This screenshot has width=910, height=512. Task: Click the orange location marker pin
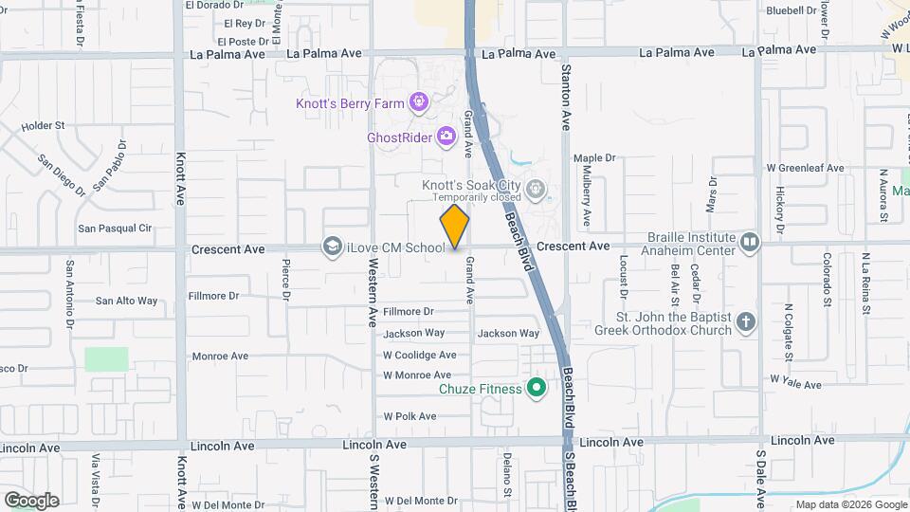click(x=455, y=226)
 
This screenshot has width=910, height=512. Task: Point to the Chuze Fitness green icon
click(x=537, y=388)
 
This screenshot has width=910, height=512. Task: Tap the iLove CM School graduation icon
click(x=332, y=247)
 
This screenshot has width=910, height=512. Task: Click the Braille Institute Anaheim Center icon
click(x=750, y=244)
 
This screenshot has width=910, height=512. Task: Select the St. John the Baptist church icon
click(x=746, y=322)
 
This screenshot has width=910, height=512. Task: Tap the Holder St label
click(x=43, y=124)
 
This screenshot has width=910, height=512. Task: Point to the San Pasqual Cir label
click(x=115, y=228)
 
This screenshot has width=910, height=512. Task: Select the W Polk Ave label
click(x=409, y=416)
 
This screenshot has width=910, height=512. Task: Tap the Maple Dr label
click(x=594, y=157)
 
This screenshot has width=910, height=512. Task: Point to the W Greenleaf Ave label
click(x=805, y=168)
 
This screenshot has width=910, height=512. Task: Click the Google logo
click(x=31, y=500)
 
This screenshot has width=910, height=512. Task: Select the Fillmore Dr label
click(x=408, y=311)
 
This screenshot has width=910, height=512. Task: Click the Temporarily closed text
click(x=477, y=197)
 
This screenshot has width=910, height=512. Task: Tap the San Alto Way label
click(x=126, y=301)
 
